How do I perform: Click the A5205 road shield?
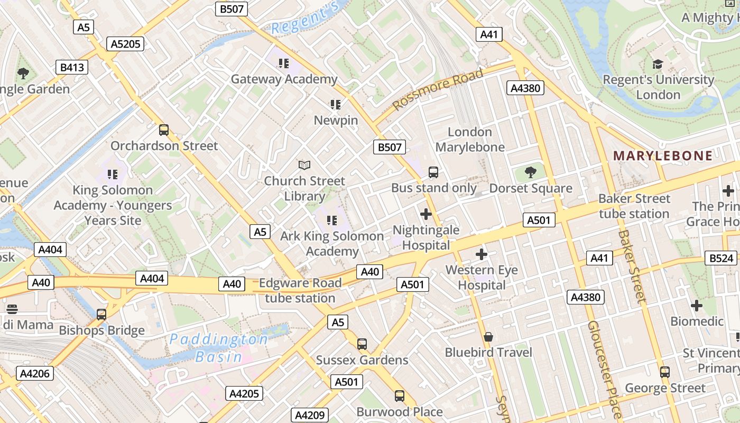tap(125, 44)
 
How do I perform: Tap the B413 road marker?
tap(72, 67)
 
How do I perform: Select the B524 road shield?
tap(721, 258)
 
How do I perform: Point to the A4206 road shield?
tap(35, 374)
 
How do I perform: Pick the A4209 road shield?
tap(310, 415)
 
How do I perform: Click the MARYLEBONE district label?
tap(662, 155)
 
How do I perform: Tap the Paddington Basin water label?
tap(218, 348)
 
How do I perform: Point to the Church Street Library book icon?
tap(304, 165)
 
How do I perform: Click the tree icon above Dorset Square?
tap(530, 172)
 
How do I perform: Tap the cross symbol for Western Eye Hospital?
tap(481, 254)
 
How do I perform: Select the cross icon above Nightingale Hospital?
tap(425, 214)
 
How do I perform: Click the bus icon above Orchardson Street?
tap(164, 130)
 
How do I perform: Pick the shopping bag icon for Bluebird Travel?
tap(488, 337)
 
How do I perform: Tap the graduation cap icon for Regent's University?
tap(658, 64)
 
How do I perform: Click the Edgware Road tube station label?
tap(300, 290)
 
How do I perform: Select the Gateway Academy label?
tap(284, 79)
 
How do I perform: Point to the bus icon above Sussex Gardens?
tap(362, 344)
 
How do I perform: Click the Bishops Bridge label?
tap(101, 330)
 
